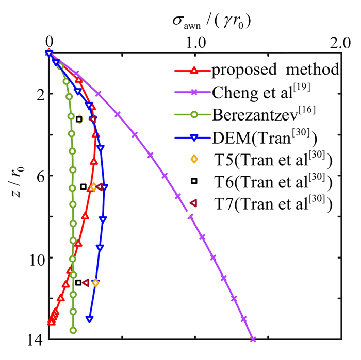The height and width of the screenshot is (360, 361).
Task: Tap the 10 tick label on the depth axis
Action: [x=33, y=258]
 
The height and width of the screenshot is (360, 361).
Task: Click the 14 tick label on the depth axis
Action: [x=33, y=339]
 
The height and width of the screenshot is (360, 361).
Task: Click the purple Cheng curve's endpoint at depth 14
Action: [x=253, y=339]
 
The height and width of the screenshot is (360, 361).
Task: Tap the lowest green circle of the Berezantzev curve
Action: [x=73, y=330]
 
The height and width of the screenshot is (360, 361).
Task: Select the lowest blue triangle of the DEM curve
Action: [x=89, y=319]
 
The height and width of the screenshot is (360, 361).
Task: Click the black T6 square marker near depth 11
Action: [x=78, y=282]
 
